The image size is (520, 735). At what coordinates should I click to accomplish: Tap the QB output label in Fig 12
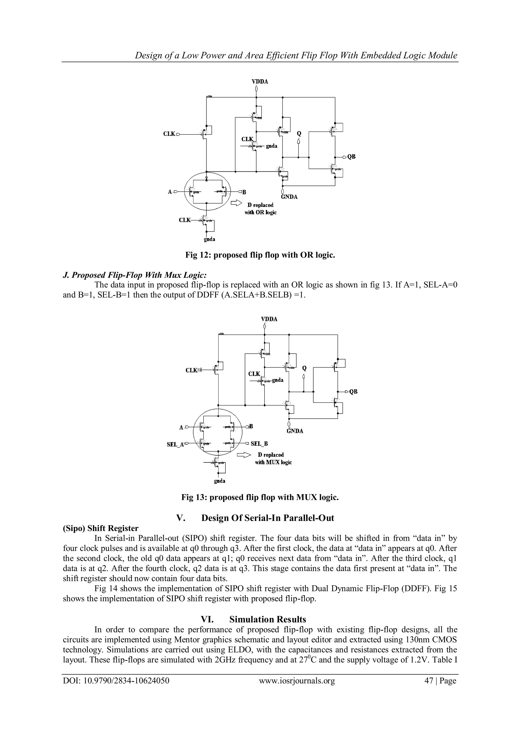click(x=352, y=157)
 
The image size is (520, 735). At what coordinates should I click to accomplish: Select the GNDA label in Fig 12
click(x=289, y=197)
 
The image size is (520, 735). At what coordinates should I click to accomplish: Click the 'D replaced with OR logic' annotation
click(x=260, y=208)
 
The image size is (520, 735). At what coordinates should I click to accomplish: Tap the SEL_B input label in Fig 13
click(x=259, y=444)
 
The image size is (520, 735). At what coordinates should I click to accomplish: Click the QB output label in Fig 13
click(x=353, y=392)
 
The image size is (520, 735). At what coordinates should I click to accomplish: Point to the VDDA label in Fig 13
click(x=269, y=319)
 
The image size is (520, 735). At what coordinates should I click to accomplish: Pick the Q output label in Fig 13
click(x=304, y=368)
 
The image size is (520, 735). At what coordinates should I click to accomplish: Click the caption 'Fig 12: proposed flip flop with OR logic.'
click(x=260, y=255)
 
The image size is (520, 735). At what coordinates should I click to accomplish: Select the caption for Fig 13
click(x=260, y=497)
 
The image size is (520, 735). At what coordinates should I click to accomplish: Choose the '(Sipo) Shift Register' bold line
click(x=101, y=528)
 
